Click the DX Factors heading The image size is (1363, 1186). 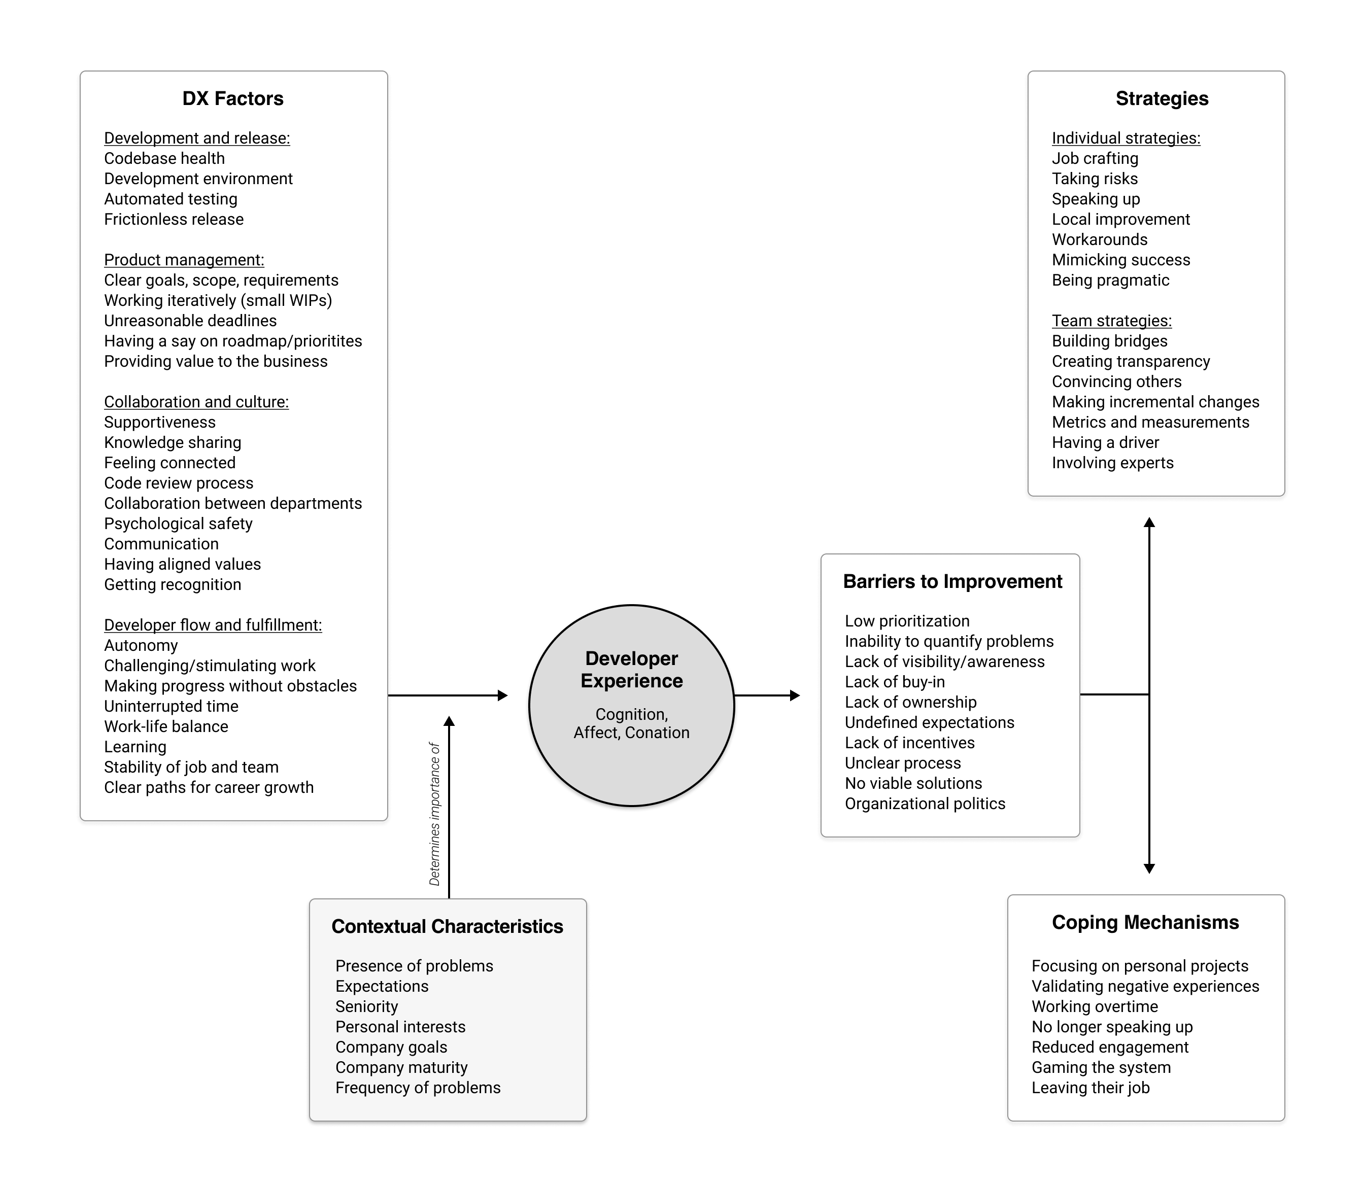(233, 98)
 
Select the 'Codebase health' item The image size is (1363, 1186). (164, 158)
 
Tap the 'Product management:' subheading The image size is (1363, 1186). (184, 260)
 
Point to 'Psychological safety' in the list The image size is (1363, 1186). (178, 524)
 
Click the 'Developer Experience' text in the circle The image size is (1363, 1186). (632, 669)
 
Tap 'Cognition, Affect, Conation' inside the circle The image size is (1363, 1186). (632, 723)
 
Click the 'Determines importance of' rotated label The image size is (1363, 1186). (435, 813)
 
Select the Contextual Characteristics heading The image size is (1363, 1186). (448, 927)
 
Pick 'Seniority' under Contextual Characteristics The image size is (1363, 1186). (367, 1006)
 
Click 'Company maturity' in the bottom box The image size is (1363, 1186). (401, 1067)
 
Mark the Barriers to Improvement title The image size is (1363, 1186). (952, 582)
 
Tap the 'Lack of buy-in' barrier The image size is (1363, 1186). (895, 682)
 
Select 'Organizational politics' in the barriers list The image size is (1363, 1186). (925, 804)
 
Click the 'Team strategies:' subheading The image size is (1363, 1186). (1112, 321)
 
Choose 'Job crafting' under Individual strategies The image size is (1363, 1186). (1096, 158)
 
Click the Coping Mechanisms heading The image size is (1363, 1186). (1145, 923)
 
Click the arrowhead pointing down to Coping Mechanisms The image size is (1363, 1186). (1149, 868)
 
